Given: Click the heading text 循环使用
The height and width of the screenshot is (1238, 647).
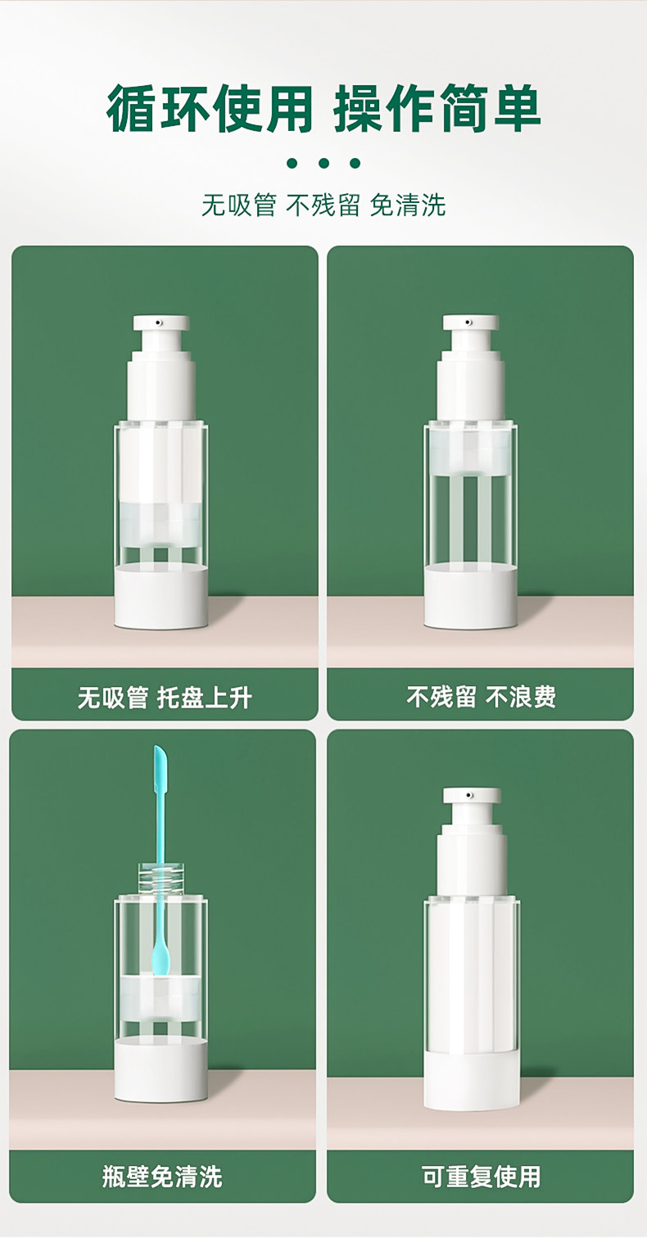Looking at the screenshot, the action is pos(210,109).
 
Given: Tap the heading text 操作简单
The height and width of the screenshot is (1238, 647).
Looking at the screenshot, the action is pos(437,109).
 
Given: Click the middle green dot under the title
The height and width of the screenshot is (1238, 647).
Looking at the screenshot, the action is pos(324,163).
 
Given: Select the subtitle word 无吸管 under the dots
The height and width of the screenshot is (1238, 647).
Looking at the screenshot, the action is pos(239,205).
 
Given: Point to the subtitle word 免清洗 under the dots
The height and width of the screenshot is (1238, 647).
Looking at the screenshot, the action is pos(408,205).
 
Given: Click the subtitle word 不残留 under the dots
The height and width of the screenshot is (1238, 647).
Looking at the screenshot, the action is pos(323,205).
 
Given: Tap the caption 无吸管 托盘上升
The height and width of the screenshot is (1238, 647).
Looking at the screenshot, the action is pos(165,698).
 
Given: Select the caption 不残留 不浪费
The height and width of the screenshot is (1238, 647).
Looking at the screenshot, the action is pos(481,697).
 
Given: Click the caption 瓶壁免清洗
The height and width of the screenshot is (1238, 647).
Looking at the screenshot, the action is pos(162,1177).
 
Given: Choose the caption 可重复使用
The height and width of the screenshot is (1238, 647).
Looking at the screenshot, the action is pos(481,1177).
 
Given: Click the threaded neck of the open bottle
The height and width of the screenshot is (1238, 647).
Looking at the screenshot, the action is pos(161,878).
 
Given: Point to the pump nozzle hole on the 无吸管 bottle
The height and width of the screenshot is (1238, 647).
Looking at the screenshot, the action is pos(159,322).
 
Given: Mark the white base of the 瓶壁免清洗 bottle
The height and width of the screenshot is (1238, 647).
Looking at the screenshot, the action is pos(161,1069).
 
